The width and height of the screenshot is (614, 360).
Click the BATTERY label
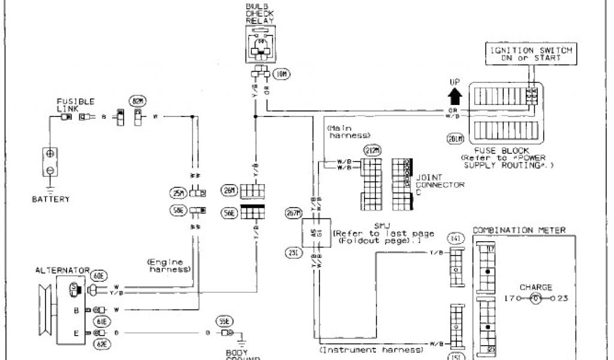click(x=50, y=199)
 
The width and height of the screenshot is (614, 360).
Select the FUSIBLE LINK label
click(x=76, y=105)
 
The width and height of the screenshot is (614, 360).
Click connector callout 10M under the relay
click(x=281, y=74)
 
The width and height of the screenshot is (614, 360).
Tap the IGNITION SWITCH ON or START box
click(x=529, y=54)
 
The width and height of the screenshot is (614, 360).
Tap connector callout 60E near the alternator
click(x=99, y=275)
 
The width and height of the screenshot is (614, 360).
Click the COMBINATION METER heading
click(x=519, y=230)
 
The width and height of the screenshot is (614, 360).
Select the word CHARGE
click(x=536, y=287)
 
